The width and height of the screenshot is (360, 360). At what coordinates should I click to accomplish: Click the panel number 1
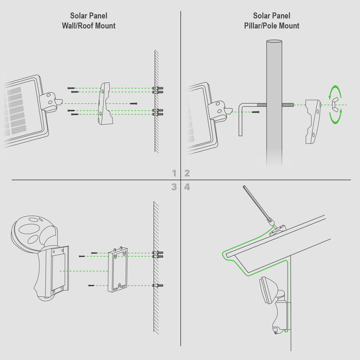[175, 173]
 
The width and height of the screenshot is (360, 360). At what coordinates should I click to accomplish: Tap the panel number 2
[187, 173]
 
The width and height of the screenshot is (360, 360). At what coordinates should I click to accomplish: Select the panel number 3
[175, 187]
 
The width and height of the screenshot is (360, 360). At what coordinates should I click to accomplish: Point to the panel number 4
[187, 187]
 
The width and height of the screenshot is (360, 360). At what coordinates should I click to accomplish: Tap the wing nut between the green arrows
[335, 104]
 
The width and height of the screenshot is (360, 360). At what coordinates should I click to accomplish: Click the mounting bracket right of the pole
[312, 121]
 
